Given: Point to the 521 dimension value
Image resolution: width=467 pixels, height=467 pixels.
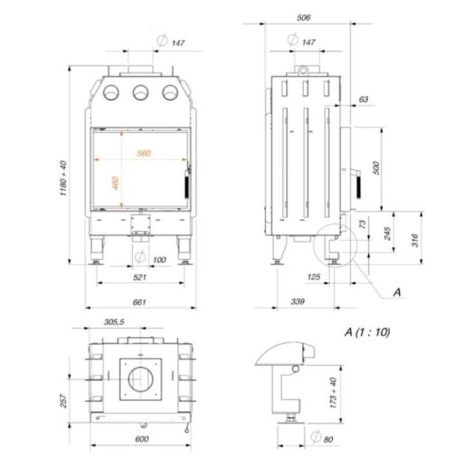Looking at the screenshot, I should pos(140,277).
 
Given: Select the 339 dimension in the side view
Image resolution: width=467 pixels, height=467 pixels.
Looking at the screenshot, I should pos(297,301).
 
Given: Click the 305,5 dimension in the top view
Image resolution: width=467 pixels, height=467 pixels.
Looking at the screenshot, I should pos(114,321).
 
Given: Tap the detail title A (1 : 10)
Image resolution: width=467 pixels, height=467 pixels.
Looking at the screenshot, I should pos(368,333).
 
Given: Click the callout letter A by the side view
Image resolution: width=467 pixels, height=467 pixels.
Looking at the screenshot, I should pos(397,292).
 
